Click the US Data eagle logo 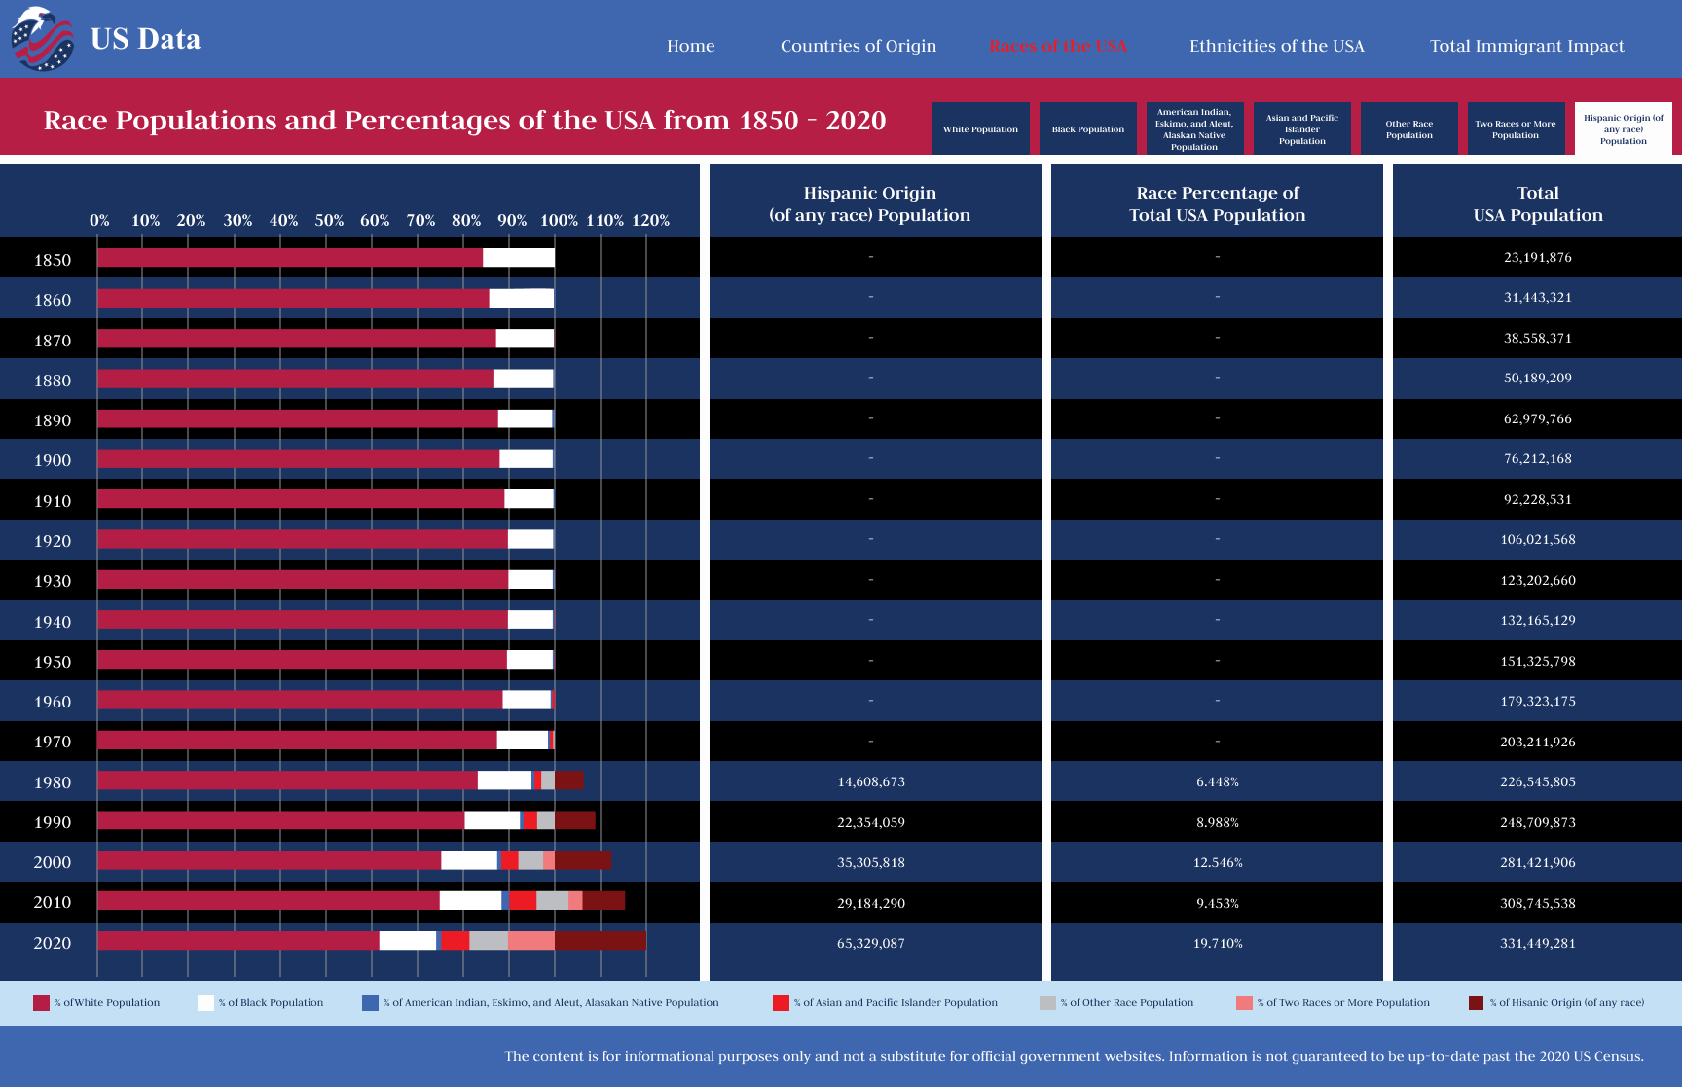[42, 39]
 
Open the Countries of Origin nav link [858, 46]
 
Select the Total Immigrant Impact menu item [1526, 46]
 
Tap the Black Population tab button [1087, 128]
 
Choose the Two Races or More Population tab [1516, 128]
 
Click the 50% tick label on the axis [329, 220]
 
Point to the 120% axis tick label [650, 220]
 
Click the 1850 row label [53, 260]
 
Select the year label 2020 [53, 943]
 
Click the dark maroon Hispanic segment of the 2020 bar [600, 940]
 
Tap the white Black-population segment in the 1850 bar [518, 258]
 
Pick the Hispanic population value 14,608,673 [870, 781]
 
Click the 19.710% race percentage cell [1217, 943]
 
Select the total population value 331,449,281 [1537, 943]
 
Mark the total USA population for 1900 [1537, 458]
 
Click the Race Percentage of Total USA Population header [1217, 203]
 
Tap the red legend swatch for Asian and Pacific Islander [781, 1002]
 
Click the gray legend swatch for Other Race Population [1047, 1002]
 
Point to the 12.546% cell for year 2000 [1217, 862]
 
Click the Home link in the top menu [690, 46]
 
